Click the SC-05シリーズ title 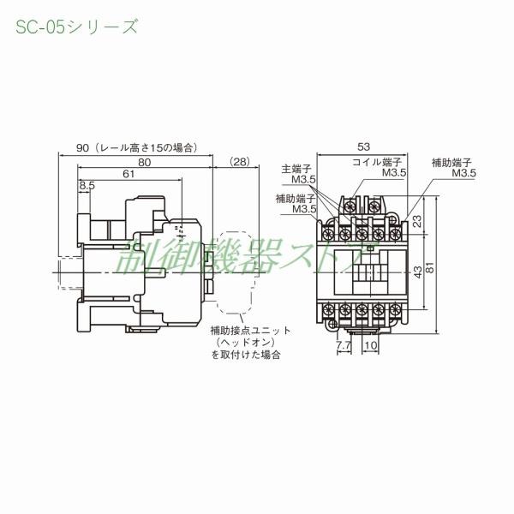pyautogui.click(x=75, y=27)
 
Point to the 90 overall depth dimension pyautogui.click(x=83, y=147)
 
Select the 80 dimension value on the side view pyautogui.click(x=144, y=160)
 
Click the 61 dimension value pyautogui.click(x=128, y=174)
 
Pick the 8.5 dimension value pyautogui.click(x=87, y=186)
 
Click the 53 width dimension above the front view pyautogui.click(x=363, y=147)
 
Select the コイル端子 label pyautogui.click(x=378, y=161)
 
